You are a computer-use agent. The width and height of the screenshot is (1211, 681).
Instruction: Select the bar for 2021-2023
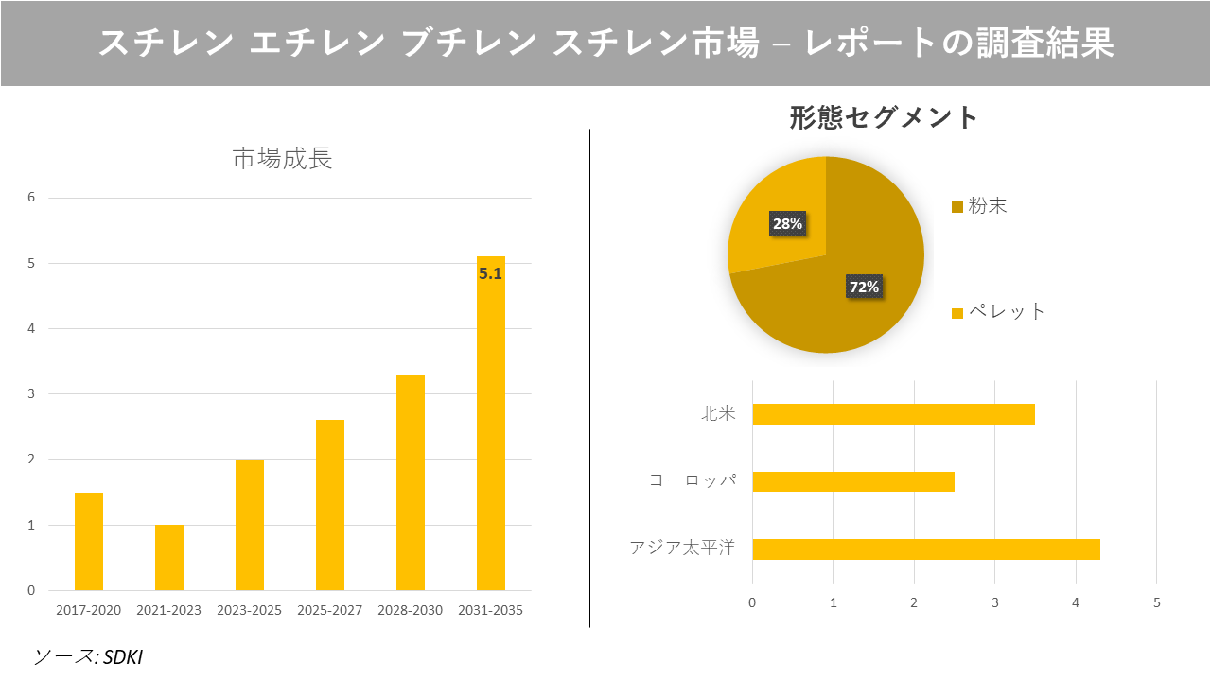point(169,557)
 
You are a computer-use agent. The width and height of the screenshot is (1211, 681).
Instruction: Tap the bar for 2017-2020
point(89,541)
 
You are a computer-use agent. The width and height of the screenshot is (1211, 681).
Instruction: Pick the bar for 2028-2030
point(411,482)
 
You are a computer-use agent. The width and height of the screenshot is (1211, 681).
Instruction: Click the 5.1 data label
point(490,274)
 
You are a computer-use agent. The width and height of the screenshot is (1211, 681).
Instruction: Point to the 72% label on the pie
point(863,287)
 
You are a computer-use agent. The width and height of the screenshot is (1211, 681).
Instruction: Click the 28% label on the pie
point(786,223)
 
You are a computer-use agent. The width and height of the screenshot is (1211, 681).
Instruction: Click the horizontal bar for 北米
point(893,414)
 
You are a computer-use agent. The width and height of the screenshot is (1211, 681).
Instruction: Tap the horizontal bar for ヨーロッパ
point(853,481)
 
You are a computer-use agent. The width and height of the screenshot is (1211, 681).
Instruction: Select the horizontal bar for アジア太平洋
point(925,549)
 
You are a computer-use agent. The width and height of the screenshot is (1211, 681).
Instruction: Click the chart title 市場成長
point(282,159)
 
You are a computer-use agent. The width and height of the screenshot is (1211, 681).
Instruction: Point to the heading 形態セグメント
point(884,117)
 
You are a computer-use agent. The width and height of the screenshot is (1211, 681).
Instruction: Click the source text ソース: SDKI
point(88,656)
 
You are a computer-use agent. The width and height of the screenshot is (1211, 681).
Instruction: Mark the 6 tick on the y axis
point(31,198)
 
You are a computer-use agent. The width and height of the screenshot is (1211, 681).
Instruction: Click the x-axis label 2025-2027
point(329,610)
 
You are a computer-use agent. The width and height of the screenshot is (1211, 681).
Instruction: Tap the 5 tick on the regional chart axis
point(1156,602)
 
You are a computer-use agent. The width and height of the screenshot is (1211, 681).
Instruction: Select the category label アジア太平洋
point(682,549)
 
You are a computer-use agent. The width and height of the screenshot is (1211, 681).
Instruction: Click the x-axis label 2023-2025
point(249,610)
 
